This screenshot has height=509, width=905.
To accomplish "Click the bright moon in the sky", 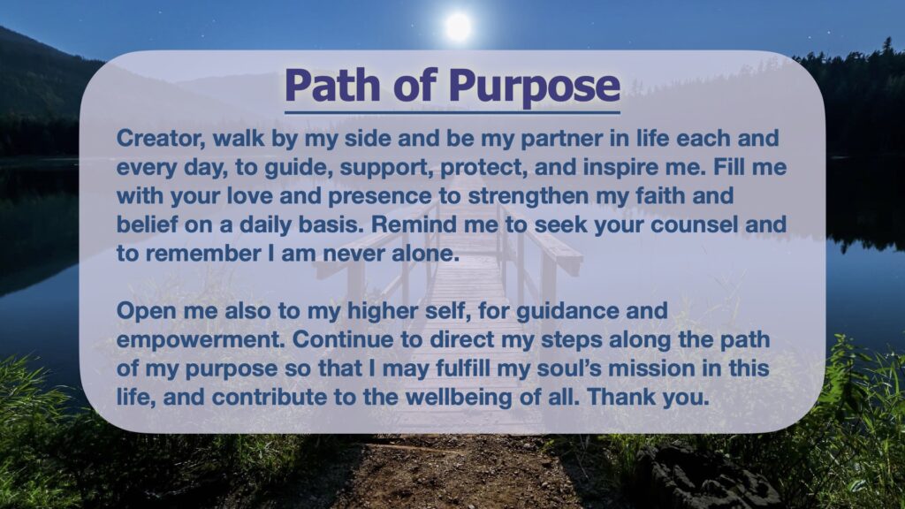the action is coord(458,27).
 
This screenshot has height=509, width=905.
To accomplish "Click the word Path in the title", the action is coord(332,85).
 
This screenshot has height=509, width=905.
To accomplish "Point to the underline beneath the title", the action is coord(452,112).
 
